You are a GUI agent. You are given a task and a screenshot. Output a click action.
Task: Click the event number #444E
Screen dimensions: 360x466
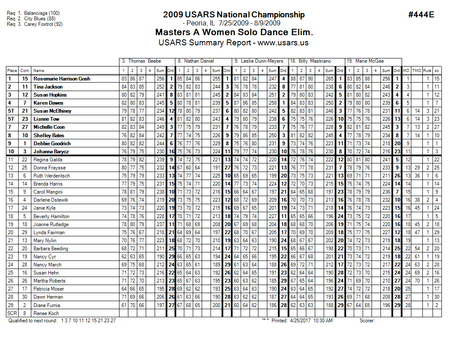pos(421,15)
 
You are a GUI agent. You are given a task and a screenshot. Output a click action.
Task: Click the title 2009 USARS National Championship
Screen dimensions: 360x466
pos(233,15)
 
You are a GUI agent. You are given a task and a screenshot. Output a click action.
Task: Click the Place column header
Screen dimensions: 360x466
pos(12,71)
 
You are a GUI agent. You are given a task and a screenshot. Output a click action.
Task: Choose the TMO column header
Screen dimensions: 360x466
pos(417,71)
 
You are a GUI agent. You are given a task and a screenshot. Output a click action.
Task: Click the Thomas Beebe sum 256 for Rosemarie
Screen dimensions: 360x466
pos(160,79)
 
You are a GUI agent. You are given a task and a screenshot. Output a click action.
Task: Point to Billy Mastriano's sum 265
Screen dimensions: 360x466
pos(329,79)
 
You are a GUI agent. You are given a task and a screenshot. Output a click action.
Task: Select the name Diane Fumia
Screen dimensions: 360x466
pos(47,305)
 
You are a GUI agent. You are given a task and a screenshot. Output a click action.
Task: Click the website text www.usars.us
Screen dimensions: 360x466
pos(283,43)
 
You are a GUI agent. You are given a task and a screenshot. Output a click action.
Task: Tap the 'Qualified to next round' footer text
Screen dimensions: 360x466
pos(34,321)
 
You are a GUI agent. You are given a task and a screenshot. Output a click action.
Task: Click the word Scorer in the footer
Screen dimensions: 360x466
pos(367,321)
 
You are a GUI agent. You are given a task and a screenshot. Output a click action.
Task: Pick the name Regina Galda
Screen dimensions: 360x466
pos(47,160)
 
